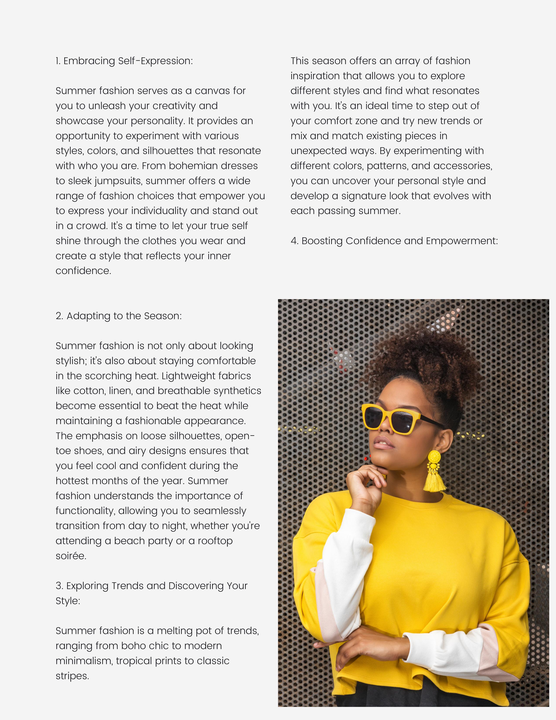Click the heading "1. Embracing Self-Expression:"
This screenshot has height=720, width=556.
124,61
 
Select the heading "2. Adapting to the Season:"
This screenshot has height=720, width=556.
119,316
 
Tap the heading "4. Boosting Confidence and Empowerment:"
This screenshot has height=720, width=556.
394,241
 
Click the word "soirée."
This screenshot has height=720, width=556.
71,556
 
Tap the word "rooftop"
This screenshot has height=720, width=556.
215,541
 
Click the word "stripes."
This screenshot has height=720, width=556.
72,676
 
